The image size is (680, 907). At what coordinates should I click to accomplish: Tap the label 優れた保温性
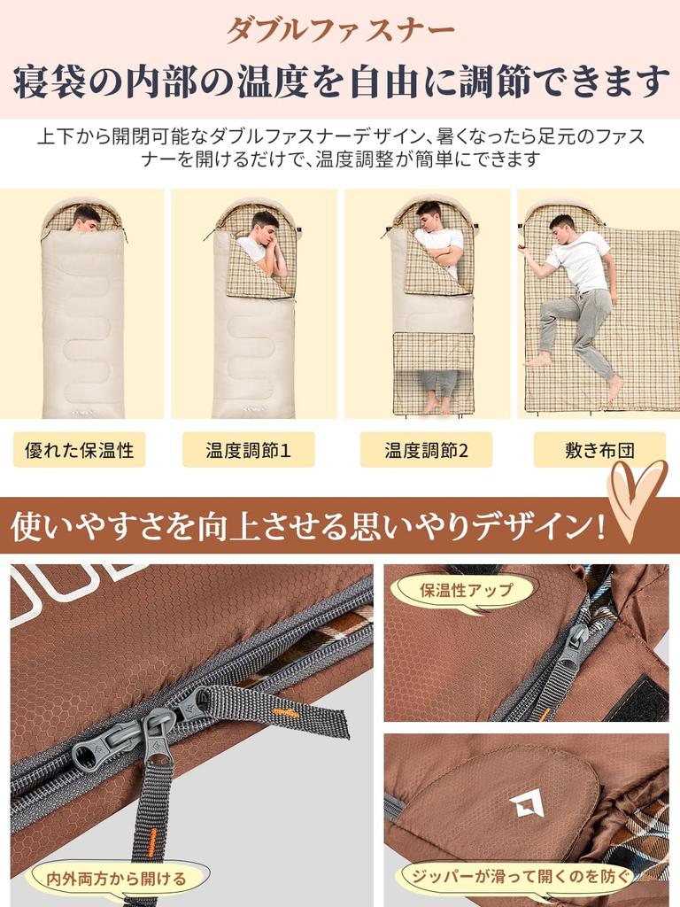point(80,450)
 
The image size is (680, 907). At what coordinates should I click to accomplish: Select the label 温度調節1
point(248,450)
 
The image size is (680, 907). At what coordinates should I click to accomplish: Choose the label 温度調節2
point(426,450)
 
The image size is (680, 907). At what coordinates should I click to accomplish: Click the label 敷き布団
point(599,450)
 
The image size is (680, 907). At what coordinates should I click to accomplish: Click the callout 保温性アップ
point(467,590)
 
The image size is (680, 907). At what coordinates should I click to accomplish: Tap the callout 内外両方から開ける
point(117,879)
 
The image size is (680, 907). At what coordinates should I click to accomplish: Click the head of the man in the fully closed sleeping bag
point(86,217)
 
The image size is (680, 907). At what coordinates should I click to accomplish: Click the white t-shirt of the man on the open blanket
point(580,260)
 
